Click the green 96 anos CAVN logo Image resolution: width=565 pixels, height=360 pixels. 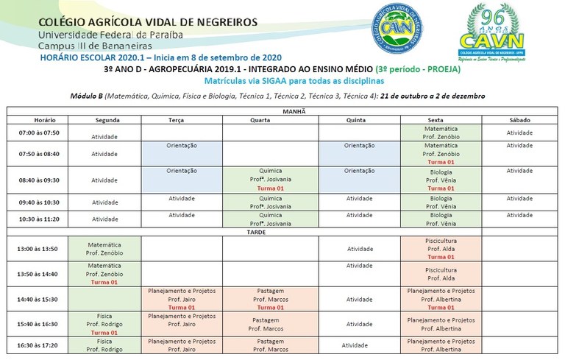(x=492, y=35)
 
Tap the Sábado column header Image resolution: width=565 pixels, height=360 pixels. (x=519, y=119)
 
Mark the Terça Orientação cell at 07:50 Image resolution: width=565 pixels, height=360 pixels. (x=182, y=146)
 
